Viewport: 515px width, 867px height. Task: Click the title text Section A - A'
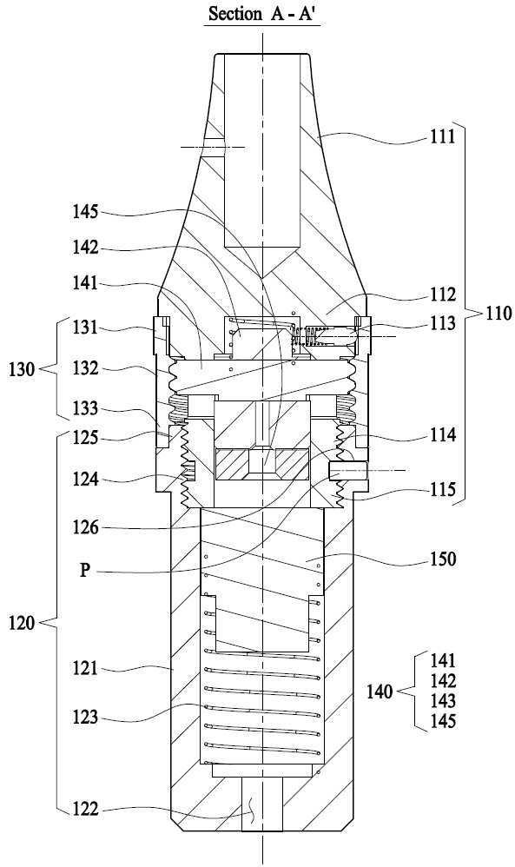coord(263,13)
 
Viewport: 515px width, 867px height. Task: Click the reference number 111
coord(443,136)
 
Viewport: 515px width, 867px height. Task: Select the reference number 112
coord(443,296)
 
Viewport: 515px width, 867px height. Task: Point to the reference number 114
coord(443,436)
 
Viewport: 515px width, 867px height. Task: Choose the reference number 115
coord(443,489)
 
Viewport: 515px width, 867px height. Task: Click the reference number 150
coord(443,559)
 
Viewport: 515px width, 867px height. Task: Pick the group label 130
coord(22,369)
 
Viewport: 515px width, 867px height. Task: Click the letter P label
coord(84,570)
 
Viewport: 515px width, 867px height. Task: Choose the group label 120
coord(22,623)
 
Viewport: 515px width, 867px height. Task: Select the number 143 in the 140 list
coord(443,700)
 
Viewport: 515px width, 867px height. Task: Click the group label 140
coord(380,692)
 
